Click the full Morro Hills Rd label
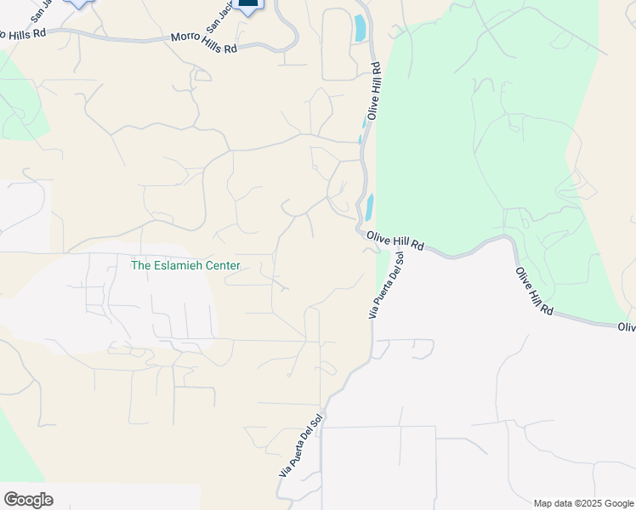pyautogui.click(x=204, y=43)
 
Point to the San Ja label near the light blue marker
pyautogui.click(x=39, y=11)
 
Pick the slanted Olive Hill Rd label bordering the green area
pyautogui.click(x=534, y=292)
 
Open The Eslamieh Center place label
pyautogui.click(x=185, y=265)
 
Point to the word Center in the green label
pyautogui.click(x=223, y=265)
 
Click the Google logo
pyautogui.click(x=28, y=499)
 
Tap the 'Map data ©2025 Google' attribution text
pyautogui.click(x=583, y=503)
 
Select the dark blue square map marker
pyautogui.click(x=248, y=3)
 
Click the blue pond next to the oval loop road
pyautogui.click(x=360, y=30)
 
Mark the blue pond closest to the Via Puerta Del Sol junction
pyautogui.click(x=370, y=207)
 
